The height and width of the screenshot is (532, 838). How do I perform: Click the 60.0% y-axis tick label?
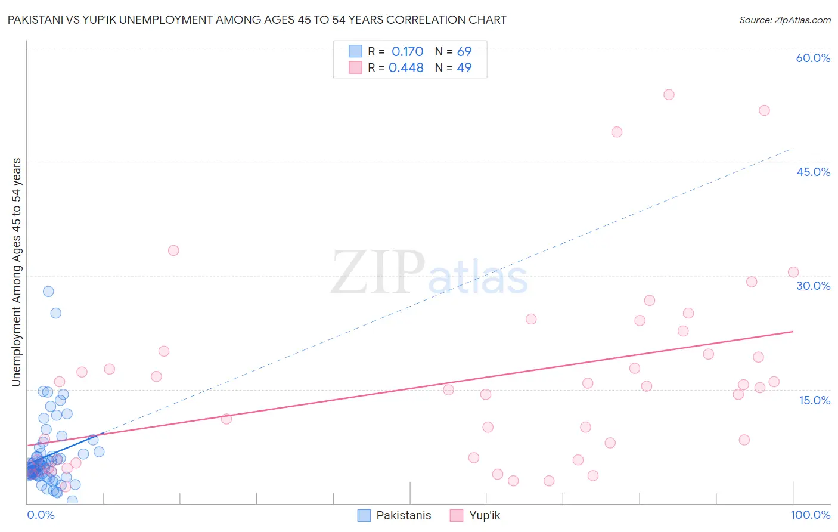(x=813, y=58)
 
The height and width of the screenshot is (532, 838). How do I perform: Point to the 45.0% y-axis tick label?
(x=813, y=172)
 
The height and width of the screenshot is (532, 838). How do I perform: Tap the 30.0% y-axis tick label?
(x=813, y=286)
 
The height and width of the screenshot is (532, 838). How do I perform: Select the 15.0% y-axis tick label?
(x=814, y=400)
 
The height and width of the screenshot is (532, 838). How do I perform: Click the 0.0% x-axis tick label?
(x=41, y=515)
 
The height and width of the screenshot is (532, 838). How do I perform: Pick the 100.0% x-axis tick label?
(x=810, y=515)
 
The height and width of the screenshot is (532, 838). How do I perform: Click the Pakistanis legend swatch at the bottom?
(x=364, y=515)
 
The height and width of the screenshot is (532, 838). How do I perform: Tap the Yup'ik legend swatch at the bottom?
(x=457, y=515)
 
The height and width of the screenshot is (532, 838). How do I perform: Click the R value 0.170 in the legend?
(x=407, y=51)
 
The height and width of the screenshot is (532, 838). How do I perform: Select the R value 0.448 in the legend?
(x=406, y=67)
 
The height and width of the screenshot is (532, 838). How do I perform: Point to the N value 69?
(x=464, y=51)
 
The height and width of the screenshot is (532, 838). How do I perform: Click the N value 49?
(x=464, y=67)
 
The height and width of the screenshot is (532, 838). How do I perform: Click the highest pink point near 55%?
(x=669, y=95)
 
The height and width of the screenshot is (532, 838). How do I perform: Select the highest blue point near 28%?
(x=48, y=292)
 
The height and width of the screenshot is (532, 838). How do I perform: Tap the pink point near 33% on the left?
(x=173, y=250)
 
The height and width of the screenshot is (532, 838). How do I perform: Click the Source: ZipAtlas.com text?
(x=784, y=20)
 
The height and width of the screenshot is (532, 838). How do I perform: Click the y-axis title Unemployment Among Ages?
(x=17, y=271)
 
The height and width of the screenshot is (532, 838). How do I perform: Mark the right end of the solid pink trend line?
(x=793, y=331)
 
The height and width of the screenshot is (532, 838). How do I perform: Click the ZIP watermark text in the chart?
(x=378, y=273)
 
